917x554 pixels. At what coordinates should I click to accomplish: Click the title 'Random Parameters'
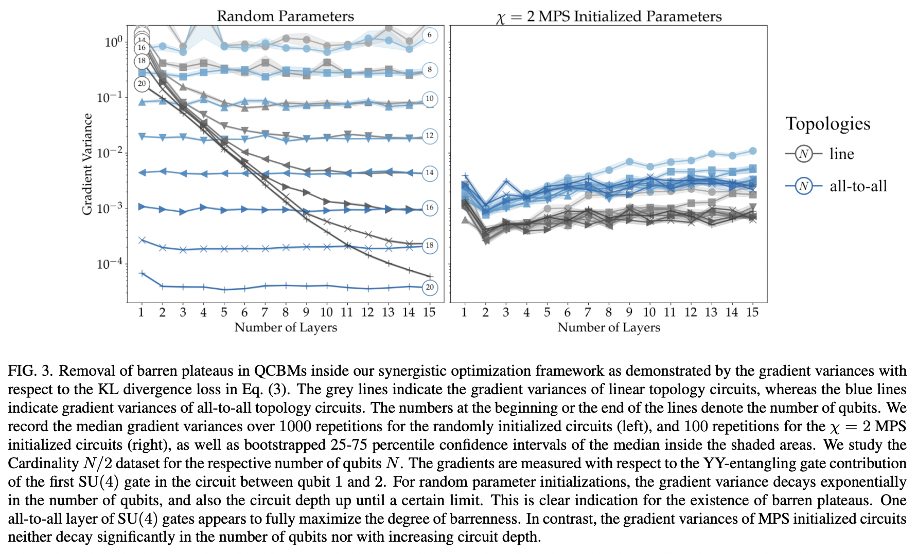tap(285, 16)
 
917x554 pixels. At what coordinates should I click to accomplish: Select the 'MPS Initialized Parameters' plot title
tap(609, 17)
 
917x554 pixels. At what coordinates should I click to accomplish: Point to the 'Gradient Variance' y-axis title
tap(87, 164)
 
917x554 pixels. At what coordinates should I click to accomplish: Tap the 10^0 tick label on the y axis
tap(113, 42)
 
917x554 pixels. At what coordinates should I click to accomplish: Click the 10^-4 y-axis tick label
tap(110, 264)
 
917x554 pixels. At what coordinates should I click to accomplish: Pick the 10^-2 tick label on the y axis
tap(110, 153)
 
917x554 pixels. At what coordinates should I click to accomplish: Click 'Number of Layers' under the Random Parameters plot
tap(286, 327)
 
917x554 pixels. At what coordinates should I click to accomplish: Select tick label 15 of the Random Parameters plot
tap(429, 312)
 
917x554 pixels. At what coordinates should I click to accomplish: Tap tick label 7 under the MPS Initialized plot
tap(588, 312)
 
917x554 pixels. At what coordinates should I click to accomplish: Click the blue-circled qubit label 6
tap(429, 35)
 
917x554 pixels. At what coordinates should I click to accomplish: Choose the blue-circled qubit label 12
tap(429, 136)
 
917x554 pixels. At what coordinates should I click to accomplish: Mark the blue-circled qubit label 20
tap(429, 287)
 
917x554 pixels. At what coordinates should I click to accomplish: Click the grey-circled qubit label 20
tap(142, 84)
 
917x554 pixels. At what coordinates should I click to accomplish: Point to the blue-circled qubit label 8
tap(429, 70)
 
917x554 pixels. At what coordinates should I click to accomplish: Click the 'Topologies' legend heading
tap(827, 124)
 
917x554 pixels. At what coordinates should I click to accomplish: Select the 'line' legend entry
tap(841, 154)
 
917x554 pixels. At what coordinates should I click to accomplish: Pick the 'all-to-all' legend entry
tap(858, 186)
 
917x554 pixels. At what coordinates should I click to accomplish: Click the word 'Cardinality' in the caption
tap(43, 463)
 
